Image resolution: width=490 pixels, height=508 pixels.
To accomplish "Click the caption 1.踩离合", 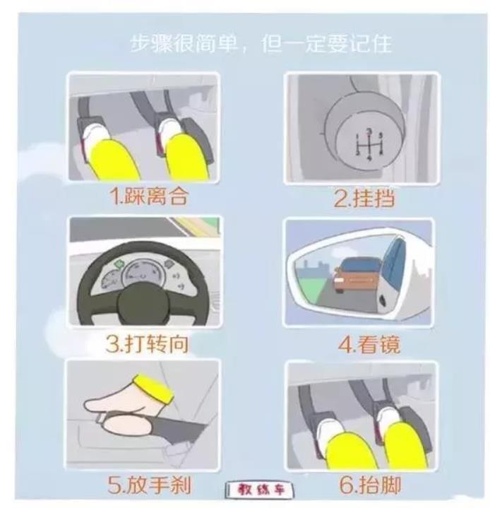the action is tap(149, 196).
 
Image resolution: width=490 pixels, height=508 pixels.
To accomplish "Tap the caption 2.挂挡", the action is tap(364, 198).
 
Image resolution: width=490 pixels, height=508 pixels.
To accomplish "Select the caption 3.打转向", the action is tap(148, 344).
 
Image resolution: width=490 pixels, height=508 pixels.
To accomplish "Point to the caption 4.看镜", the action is tap(369, 344).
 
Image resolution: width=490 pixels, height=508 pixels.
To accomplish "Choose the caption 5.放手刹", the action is tap(149, 485).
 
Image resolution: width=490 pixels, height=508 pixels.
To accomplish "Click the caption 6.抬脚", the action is tap(370, 485).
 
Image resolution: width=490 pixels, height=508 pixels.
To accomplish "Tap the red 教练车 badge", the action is tap(260, 490).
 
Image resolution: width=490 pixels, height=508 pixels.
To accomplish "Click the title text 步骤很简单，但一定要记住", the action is tap(261, 43).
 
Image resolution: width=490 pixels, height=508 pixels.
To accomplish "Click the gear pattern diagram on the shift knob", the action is tap(369, 144).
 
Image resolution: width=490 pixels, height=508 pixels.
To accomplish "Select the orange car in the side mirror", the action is tap(357, 274).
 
